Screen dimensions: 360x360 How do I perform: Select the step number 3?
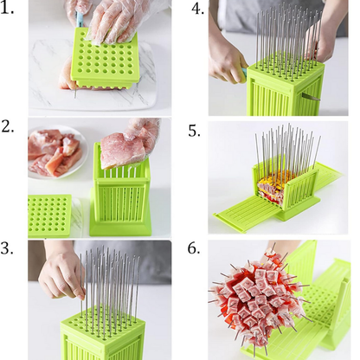tap(10, 248)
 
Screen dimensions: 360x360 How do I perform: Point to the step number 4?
tap(197, 10)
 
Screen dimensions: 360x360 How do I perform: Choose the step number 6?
tap(196, 248)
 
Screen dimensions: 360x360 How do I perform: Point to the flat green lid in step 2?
tap(50, 215)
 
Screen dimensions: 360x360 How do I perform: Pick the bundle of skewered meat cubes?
tap(260, 299)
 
